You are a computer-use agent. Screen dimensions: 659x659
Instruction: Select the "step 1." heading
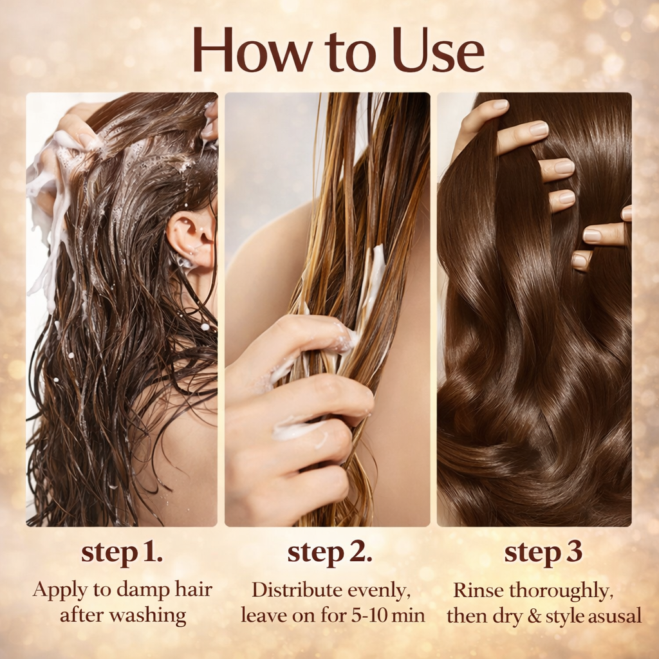pyautogui.click(x=122, y=553)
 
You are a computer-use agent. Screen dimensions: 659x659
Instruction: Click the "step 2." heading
pyautogui.click(x=329, y=553)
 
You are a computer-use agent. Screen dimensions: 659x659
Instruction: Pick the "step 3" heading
pyautogui.click(x=543, y=553)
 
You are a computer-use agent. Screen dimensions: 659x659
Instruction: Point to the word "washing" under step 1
pyautogui.click(x=148, y=615)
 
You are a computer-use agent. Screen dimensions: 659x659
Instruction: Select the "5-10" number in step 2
pyautogui.click(x=367, y=615)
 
